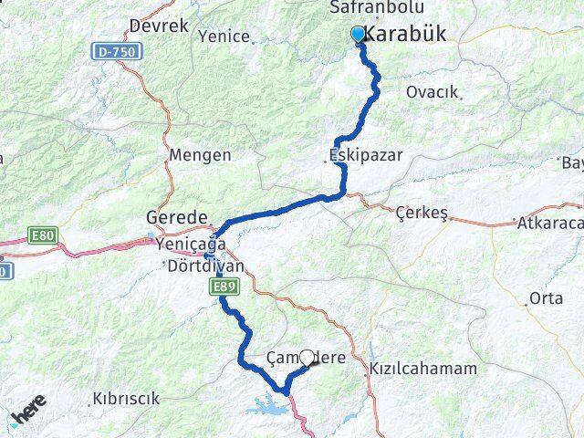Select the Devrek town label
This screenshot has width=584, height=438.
coord(159,26)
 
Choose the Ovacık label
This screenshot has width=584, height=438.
coord(433,93)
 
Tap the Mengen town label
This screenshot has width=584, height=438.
coord(200,155)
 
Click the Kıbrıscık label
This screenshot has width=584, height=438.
coord(126,399)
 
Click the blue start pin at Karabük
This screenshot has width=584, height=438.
coord(358,35)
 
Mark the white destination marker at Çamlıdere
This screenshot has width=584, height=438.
coord(307,360)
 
